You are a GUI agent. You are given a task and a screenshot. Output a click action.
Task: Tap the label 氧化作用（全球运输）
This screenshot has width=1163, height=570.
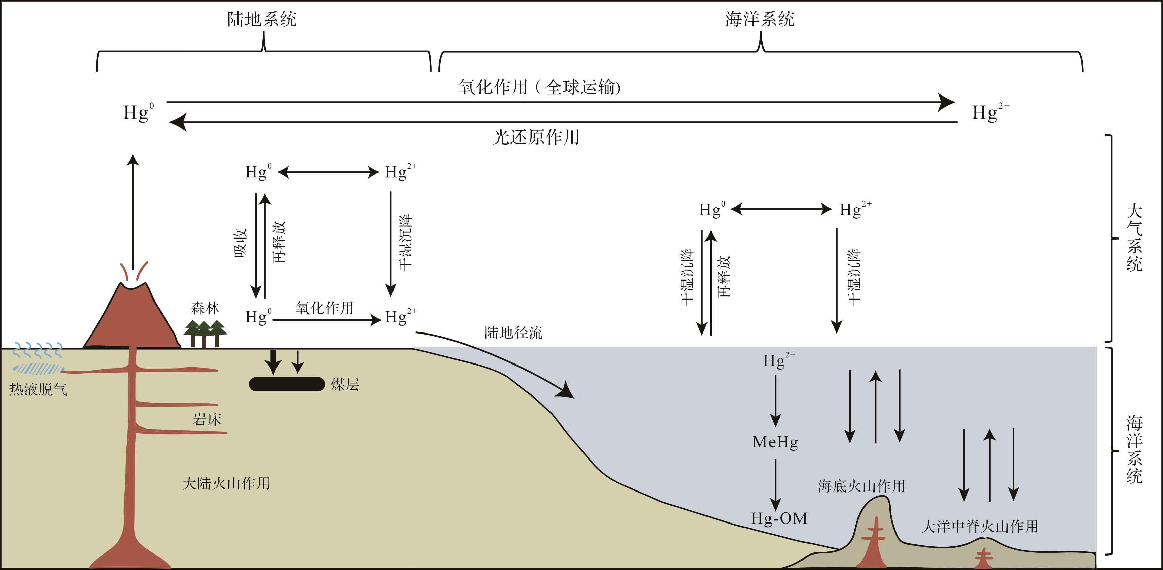539,87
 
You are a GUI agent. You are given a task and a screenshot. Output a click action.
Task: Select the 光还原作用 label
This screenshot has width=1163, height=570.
536,137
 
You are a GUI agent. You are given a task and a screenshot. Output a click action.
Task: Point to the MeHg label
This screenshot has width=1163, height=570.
775,442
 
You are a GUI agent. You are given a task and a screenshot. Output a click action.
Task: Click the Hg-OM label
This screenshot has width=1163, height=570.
779,518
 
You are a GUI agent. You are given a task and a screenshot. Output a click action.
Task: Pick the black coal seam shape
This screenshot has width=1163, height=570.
287,384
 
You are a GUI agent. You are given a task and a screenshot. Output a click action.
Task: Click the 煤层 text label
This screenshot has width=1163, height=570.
345,384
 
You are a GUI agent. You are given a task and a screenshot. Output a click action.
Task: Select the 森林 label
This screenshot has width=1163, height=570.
205,308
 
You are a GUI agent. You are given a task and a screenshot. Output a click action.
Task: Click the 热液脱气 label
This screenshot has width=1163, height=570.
38,389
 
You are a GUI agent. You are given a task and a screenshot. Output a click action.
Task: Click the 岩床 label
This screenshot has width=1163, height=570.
207,419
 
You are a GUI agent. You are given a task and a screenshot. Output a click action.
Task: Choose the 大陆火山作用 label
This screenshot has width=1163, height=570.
226,484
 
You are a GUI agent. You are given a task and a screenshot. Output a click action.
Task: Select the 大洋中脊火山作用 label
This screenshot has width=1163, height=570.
980,526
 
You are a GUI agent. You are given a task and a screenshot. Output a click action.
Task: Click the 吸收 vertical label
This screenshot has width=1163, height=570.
241,243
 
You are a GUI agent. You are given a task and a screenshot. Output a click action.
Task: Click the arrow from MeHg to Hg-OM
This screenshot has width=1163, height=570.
775,485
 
